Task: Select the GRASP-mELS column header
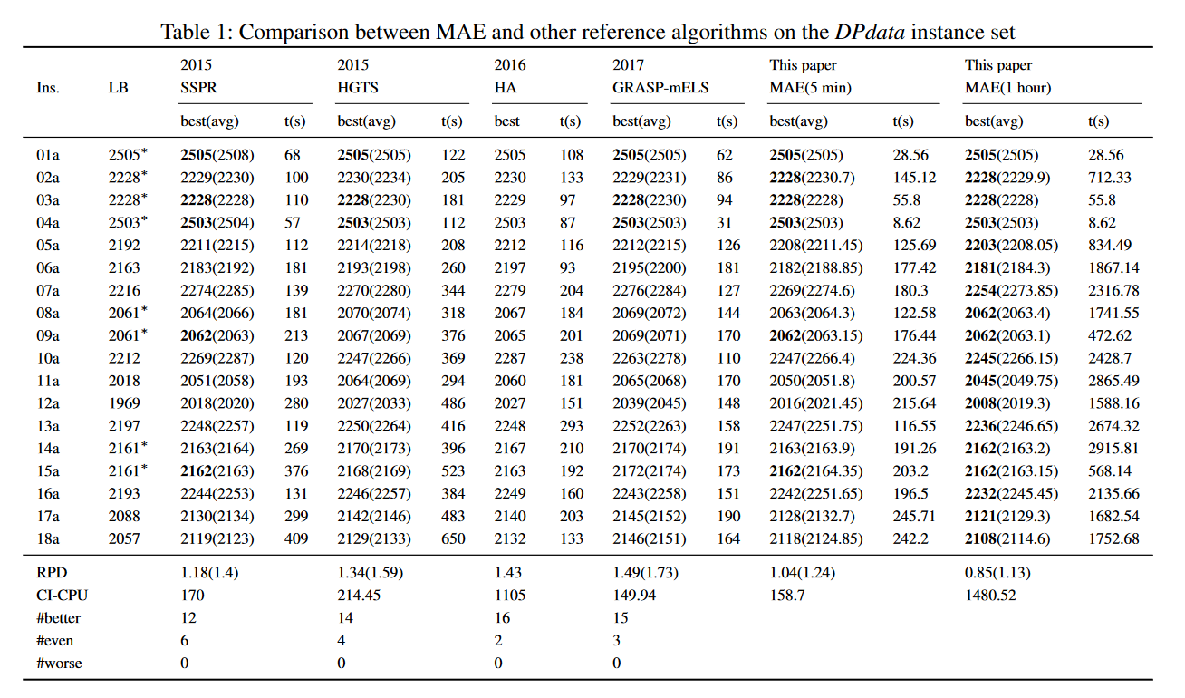pos(660,88)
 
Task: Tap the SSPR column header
pos(198,88)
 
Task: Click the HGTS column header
pos(358,88)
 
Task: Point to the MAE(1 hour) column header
pos(1007,88)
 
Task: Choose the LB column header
pos(118,88)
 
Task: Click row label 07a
pos(49,291)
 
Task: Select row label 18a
pos(49,539)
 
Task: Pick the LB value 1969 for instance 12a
pos(125,403)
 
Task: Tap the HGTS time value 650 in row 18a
pos(453,539)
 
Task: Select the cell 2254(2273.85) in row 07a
pos(1011,291)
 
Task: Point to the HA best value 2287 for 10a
pos(510,358)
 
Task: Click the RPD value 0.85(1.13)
pos(997,573)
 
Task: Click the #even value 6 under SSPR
pos(186,641)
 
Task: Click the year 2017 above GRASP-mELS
pos(628,65)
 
